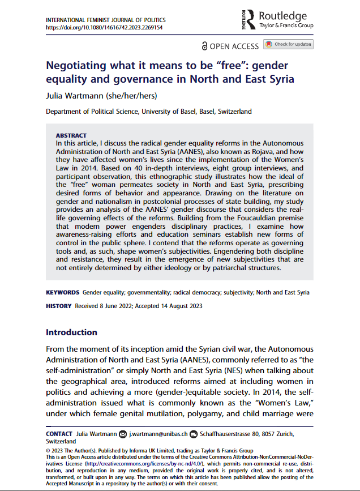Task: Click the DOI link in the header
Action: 104,27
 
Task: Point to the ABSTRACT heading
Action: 71,136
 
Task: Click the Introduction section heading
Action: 71,332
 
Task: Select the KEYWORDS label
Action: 62,293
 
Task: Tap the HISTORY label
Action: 59,306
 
